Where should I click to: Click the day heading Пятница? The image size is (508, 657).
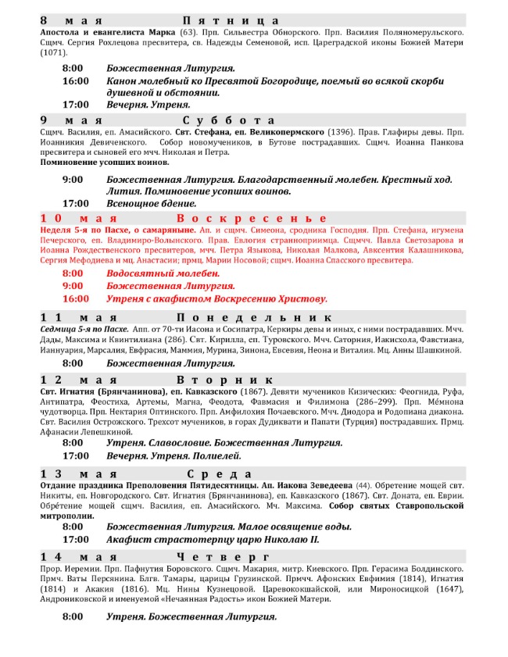click(231, 20)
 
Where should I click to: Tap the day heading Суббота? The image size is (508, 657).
click(230, 120)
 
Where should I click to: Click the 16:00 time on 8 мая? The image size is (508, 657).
click(76, 80)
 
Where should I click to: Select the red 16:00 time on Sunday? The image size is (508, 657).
click(76, 298)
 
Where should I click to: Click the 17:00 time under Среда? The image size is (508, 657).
click(76, 539)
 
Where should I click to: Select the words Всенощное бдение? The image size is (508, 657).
click(151, 203)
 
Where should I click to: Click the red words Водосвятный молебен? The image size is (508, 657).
click(163, 273)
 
